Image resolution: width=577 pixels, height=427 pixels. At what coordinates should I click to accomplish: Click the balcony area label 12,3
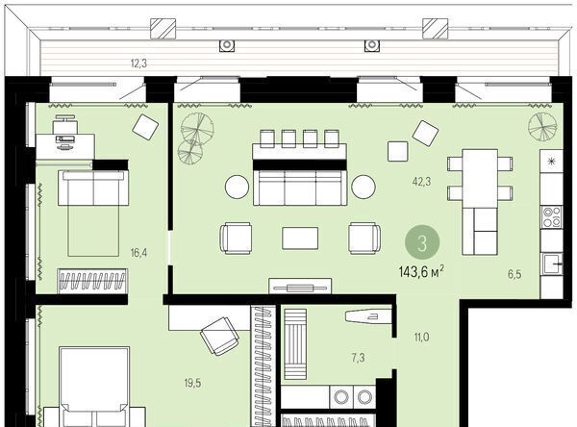138,63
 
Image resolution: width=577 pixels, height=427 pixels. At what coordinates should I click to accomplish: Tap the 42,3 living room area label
422,182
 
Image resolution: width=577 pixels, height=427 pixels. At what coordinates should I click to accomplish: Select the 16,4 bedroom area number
138,253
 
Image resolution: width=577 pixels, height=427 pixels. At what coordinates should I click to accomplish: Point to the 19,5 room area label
192,383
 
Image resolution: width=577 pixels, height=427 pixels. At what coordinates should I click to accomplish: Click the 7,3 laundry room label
358,357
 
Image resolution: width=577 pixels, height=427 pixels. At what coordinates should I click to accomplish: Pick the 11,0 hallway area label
421,337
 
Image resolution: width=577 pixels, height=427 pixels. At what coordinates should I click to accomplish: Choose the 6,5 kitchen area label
514,274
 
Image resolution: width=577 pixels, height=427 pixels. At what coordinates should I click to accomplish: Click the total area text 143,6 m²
421,272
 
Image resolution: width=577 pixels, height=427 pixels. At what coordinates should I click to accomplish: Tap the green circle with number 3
422,243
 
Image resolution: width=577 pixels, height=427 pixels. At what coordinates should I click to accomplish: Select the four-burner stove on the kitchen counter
552,216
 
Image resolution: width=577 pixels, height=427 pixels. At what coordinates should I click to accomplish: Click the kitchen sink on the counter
553,264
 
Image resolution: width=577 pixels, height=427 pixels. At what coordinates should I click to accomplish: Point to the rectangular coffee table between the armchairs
300,239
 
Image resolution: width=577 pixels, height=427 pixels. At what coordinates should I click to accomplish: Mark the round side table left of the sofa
237,187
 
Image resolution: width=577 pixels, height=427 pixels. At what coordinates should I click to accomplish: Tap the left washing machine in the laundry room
341,397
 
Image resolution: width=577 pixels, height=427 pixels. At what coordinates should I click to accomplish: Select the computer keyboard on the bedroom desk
65,139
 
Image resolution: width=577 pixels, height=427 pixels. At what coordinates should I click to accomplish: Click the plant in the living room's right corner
541,126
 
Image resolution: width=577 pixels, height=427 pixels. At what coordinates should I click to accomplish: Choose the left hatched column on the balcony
163,29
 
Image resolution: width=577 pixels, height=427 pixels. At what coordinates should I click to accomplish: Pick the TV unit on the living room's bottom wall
300,286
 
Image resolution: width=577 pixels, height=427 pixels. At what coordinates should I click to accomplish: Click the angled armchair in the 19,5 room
219,336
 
